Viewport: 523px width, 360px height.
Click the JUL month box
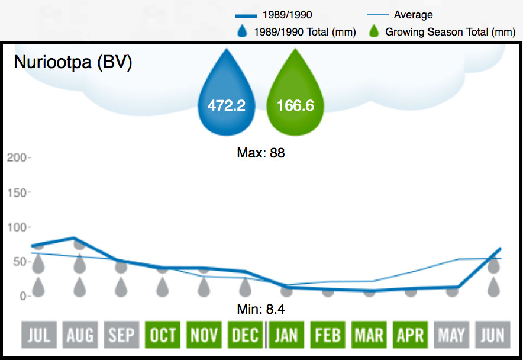pos(38,335)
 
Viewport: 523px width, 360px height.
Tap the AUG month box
pos(80,335)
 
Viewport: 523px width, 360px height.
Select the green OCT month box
pos(163,335)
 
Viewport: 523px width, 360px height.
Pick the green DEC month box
pos(246,335)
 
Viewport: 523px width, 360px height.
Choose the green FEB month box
pos(328,335)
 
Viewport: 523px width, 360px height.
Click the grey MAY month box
pos(451,335)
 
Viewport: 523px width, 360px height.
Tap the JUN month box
pos(493,335)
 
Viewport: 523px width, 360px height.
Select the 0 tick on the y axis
pos(22,295)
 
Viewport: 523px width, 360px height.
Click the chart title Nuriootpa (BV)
pos(73,62)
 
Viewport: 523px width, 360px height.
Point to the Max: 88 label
pos(261,153)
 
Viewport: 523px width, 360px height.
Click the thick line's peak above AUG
pos(74,238)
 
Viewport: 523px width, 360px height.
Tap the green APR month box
pos(410,335)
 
